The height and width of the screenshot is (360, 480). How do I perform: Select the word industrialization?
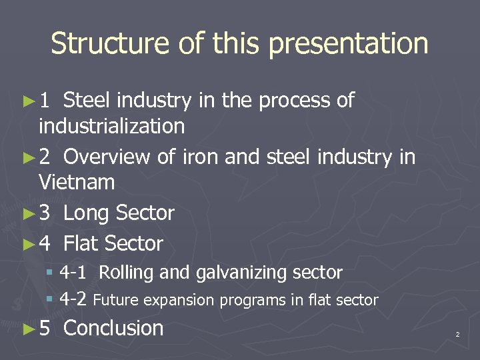coord(112,125)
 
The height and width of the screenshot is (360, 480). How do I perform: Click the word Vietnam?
coord(77,181)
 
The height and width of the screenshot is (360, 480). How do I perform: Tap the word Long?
coord(87,213)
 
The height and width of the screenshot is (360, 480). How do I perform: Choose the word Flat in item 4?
coord(84,244)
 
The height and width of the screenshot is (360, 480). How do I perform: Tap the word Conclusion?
coord(113,328)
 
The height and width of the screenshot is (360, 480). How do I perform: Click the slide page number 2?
coord(457,334)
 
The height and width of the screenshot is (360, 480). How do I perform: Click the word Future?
coord(115,301)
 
